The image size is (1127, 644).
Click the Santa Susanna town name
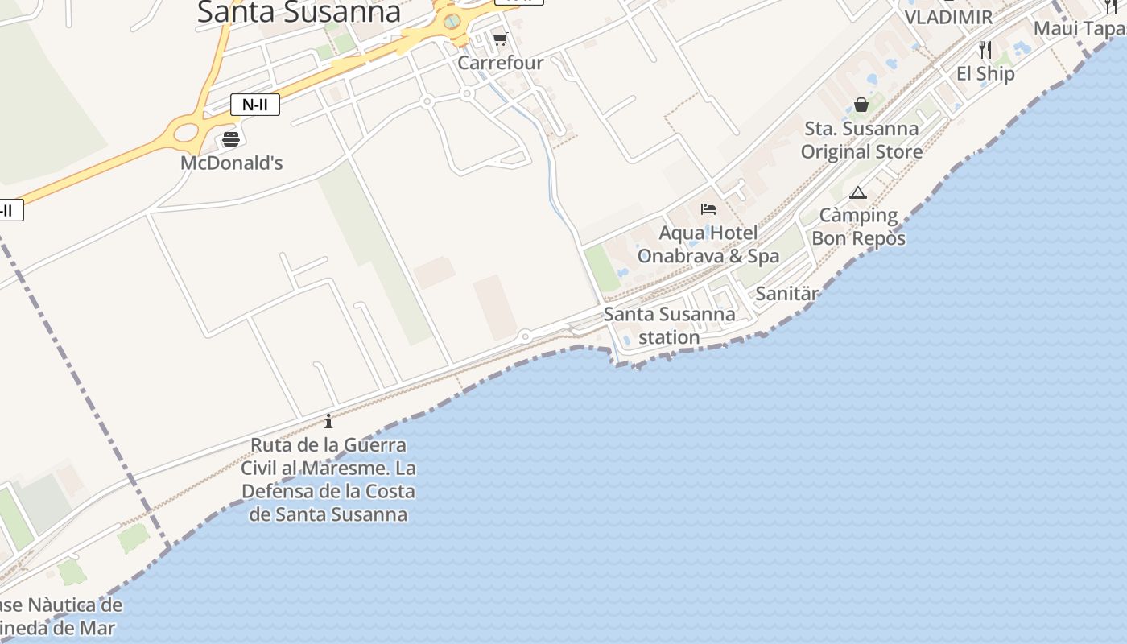pyautogui.click(x=299, y=12)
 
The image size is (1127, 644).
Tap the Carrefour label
pyautogui.click(x=501, y=63)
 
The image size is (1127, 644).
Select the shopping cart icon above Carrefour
pyautogui.click(x=501, y=39)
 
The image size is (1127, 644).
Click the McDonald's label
pyautogui.click(x=231, y=163)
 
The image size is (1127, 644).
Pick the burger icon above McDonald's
pyautogui.click(x=231, y=138)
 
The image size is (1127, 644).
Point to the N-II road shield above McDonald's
pyautogui.click(x=255, y=104)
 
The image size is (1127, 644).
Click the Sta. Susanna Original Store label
pyautogui.click(x=861, y=140)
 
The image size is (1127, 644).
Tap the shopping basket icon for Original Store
pyautogui.click(x=861, y=105)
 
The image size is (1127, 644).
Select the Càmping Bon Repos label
pyautogui.click(x=858, y=227)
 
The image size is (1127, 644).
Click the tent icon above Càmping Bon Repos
pyautogui.click(x=858, y=192)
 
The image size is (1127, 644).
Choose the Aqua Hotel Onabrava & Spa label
pyautogui.click(x=708, y=245)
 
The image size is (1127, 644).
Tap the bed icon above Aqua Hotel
pyautogui.click(x=708, y=209)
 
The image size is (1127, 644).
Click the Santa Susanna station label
pyautogui.click(x=669, y=325)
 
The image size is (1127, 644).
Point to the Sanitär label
pyautogui.click(x=786, y=294)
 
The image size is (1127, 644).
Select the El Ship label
pyautogui.click(x=985, y=73)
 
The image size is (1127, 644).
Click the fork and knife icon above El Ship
pyautogui.click(x=985, y=50)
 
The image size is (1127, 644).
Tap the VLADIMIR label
pyautogui.click(x=948, y=17)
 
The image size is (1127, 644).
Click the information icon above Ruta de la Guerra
pyautogui.click(x=328, y=421)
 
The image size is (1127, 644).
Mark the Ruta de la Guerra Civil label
pyautogui.click(x=328, y=479)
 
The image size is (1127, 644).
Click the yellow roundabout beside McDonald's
pyautogui.click(x=187, y=130)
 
